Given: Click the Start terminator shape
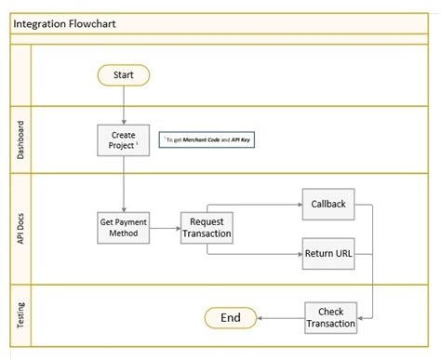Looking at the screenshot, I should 123,74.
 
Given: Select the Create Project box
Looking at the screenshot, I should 123,140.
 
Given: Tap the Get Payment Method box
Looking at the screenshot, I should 123,227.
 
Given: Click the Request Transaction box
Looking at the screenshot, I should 206,227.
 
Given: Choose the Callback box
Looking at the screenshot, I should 327,203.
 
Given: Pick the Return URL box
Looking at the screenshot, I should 327,251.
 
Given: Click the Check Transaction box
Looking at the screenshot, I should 330,317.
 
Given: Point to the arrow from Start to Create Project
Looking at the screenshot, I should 123,105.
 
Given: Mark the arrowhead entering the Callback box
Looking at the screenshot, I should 297,203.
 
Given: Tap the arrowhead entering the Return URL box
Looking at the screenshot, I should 297,251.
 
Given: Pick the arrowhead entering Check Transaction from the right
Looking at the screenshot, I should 362,317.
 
